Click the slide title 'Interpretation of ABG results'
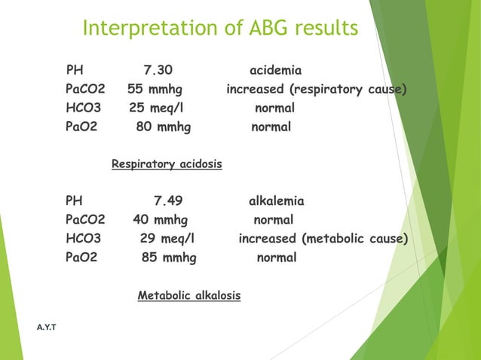coord(219,29)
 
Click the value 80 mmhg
coord(163,127)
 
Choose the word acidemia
coord(275,71)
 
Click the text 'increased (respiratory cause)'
coord(317,90)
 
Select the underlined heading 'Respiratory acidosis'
coord(167,163)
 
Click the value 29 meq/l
coord(167,239)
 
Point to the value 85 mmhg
coord(169,258)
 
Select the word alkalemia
coord(277,202)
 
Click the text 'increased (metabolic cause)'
coord(323,239)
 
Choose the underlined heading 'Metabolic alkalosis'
coord(189,296)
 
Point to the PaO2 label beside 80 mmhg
coord(81,127)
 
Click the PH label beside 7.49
coord(75,202)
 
